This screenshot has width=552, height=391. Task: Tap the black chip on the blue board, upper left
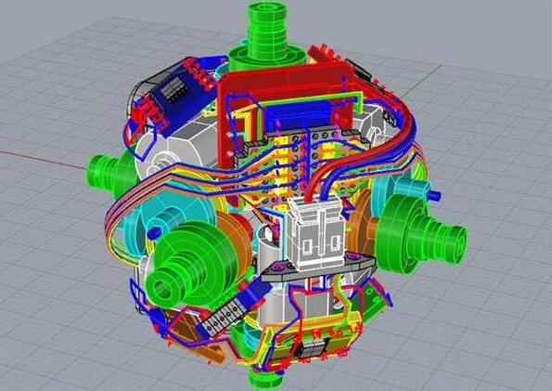175,91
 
